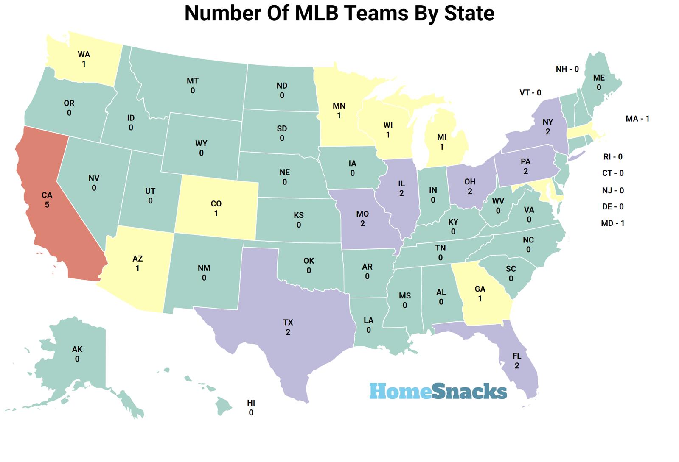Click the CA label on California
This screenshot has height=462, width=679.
pyautogui.click(x=47, y=195)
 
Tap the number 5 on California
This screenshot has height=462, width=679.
pyautogui.click(x=47, y=205)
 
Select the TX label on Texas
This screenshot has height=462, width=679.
pyautogui.click(x=288, y=323)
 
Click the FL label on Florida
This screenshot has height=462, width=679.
pyautogui.click(x=517, y=356)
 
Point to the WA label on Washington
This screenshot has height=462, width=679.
pyautogui.click(x=84, y=55)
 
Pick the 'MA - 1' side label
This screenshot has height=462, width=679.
pyautogui.click(x=637, y=119)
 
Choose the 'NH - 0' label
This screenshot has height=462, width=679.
pyautogui.click(x=567, y=69)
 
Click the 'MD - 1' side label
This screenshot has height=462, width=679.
pyautogui.click(x=612, y=223)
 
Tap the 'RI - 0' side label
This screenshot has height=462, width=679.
pyautogui.click(x=613, y=157)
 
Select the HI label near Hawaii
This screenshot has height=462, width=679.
pyautogui.click(x=251, y=403)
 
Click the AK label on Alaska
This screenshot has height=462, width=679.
pyautogui.click(x=77, y=350)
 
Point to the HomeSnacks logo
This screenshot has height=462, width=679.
pyautogui.click(x=438, y=391)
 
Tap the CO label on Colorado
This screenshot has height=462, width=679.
pyautogui.click(x=216, y=204)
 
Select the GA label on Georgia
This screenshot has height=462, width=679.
pyautogui.click(x=480, y=289)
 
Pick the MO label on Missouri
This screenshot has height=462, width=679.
pyautogui.click(x=362, y=214)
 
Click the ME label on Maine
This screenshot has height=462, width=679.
pyautogui.click(x=599, y=78)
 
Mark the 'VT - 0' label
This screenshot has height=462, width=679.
pyautogui.click(x=530, y=93)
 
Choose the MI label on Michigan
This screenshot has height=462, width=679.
pyautogui.click(x=442, y=137)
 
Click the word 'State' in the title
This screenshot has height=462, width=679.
pyautogui.click(x=469, y=13)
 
